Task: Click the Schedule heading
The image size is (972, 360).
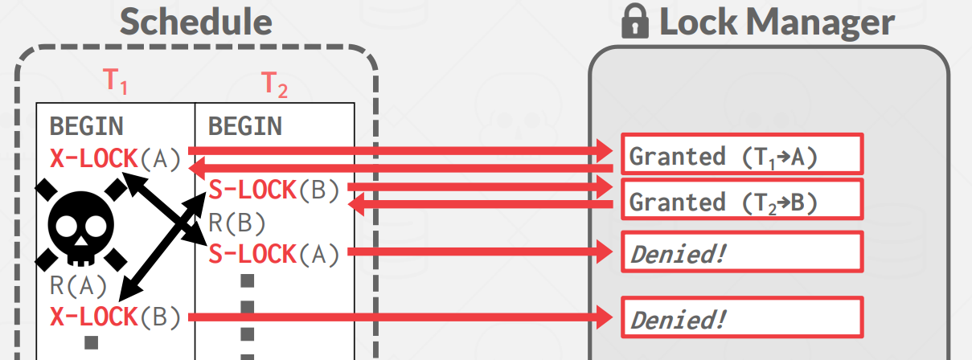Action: click(x=196, y=22)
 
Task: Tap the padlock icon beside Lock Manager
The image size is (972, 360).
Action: click(x=635, y=22)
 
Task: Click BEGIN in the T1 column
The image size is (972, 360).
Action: click(x=87, y=126)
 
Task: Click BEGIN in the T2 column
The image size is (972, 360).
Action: click(x=245, y=126)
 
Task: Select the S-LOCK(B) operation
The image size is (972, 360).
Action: click(x=275, y=190)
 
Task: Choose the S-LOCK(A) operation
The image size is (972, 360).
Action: click(x=275, y=254)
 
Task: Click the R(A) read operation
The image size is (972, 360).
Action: click(x=79, y=286)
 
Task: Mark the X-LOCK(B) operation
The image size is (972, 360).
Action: click(x=117, y=317)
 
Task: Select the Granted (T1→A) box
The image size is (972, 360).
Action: click(x=740, y=155)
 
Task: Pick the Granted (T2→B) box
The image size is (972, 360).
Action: click(x=740, y=201)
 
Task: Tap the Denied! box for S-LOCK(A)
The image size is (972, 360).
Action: click(x=740, y=253)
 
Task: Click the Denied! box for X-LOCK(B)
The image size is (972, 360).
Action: click(x=740, y=318)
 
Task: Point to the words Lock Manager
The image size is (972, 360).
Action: click(x=776, y=22)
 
